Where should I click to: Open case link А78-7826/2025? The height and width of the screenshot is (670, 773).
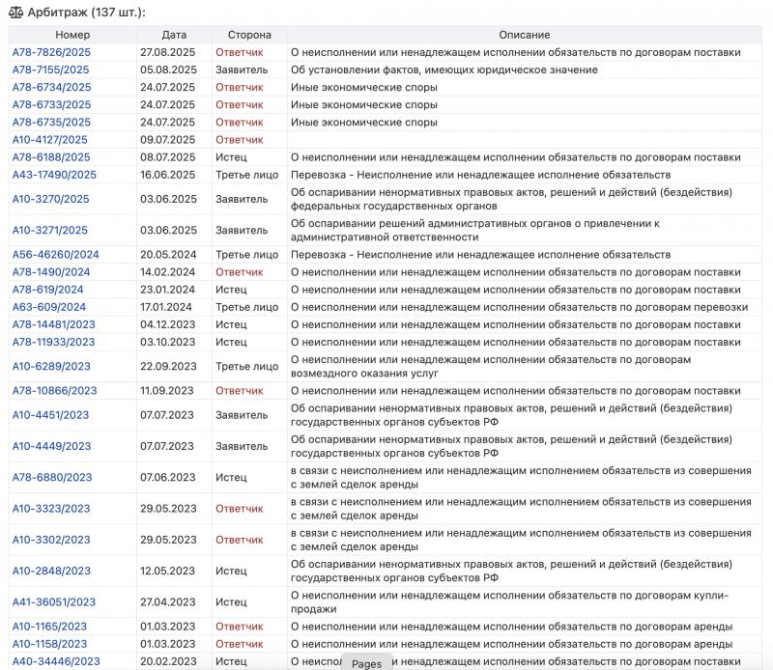coord(52,52)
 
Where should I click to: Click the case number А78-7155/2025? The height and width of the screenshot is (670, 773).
coord(52,70)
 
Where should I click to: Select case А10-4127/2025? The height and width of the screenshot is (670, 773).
coord(50,139)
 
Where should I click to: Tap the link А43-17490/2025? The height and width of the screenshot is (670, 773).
coord(54,175)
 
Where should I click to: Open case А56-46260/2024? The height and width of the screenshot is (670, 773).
coord(55,255)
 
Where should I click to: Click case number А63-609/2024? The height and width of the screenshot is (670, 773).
coord(49,307)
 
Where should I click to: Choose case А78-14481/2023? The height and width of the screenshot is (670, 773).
coord(54,324)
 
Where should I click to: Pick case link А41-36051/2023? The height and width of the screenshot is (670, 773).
coord(54,602)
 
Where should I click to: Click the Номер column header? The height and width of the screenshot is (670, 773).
coord(72,35)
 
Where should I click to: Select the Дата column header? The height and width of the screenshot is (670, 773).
coord(175,35)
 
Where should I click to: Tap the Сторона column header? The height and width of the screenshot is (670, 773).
coord(249,35)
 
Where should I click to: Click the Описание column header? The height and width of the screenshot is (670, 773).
coord(527,35)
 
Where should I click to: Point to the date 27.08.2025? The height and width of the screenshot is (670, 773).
coord(168,52)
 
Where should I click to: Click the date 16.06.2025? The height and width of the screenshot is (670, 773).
coord(168,175)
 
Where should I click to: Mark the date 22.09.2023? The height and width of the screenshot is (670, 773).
coord(168,367)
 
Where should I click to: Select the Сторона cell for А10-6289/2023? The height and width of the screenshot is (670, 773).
coord(246,367)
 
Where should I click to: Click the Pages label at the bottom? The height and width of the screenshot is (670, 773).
coord(366,663)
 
